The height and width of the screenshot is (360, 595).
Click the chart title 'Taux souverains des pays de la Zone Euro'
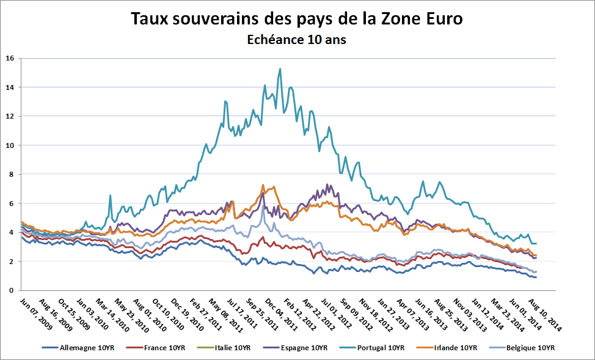[297, 18]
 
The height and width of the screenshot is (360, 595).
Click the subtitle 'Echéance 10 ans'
[297, 40]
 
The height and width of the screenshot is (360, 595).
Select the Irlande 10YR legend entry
[451, 348]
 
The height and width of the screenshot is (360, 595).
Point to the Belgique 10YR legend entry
[525, 348]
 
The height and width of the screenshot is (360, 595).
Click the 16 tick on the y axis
[10, 59]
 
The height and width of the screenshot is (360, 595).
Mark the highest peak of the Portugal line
[280, 69]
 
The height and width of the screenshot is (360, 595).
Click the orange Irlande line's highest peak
[263, 185]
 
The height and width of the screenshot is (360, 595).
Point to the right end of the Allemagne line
[536, 277]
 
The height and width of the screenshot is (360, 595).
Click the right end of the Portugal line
[536, 243]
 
